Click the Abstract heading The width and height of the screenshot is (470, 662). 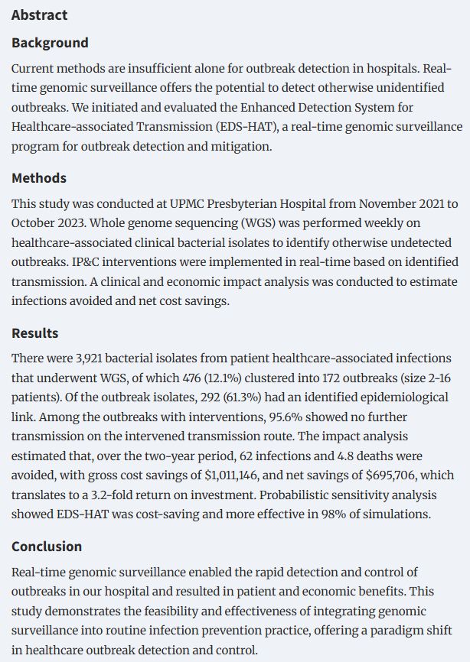[39, 15]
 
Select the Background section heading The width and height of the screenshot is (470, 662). [50, 43]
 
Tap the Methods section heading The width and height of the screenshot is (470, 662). [39, 178]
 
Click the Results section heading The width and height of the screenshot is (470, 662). [34, 333]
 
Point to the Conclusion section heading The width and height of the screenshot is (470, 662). [47, 547]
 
